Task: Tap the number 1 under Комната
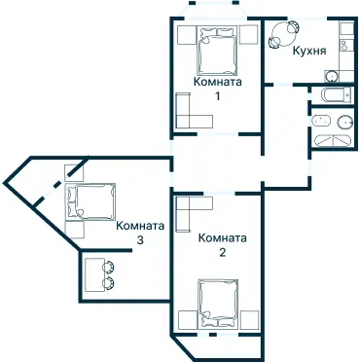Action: (x=218, y=96)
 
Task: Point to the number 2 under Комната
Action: (x=223, y=252)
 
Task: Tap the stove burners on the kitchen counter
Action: (x=345, y=44)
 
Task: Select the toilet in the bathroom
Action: (x=321, y=122)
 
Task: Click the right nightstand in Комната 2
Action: (x=251, y=318)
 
